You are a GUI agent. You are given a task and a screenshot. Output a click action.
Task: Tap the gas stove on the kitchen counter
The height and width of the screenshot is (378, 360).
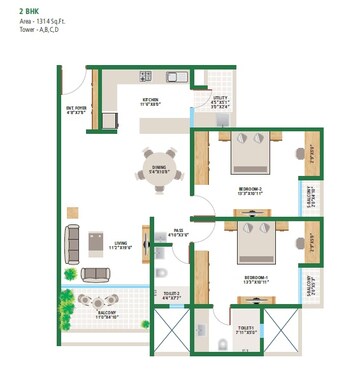pyautogui.click(x=146, y=76)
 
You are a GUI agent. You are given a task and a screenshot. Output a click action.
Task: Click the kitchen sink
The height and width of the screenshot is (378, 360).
pyautogui.click(x=173, y=76)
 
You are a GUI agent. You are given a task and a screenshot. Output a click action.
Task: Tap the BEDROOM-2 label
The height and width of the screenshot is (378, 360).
pyautogui.click(x=251, y=189)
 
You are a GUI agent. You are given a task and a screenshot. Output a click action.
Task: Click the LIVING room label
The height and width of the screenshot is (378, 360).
pyautogui.click(x=121, y=242)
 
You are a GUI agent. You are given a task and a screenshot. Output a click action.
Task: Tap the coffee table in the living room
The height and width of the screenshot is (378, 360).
pyautogui.click(x=96, y=241)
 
